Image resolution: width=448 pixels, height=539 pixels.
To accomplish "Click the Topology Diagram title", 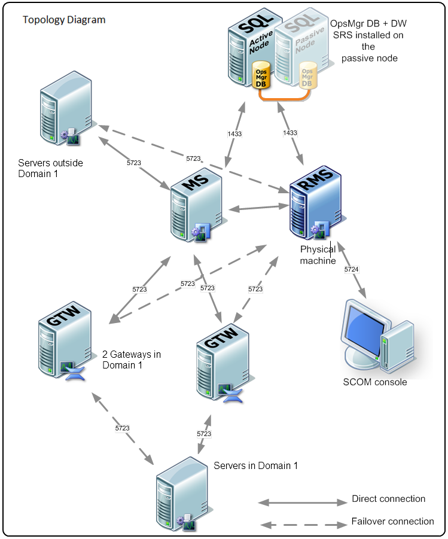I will click(64, 20).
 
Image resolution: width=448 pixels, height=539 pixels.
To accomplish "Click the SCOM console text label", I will click(375, 382).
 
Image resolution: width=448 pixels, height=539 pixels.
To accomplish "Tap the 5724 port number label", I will click(352, 270).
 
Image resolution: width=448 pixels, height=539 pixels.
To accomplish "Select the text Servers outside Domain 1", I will click(51, 169).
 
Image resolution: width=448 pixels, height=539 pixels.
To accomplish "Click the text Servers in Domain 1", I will click(255, 466).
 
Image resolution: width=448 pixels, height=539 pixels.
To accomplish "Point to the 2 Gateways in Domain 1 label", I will click(132, 360).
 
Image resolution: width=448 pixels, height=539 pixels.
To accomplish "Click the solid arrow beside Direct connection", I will click(303, 500).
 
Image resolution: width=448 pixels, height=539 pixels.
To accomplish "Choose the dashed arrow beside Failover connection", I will click(303, 525).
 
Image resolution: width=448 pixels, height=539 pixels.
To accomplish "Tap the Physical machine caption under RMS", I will click(318, 255).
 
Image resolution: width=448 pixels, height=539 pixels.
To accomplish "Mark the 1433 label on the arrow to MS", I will click(234, 134).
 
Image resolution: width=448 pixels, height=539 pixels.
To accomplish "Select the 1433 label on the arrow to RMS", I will click(290, 132).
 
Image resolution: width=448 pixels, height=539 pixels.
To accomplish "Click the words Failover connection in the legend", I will click(392, 521).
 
